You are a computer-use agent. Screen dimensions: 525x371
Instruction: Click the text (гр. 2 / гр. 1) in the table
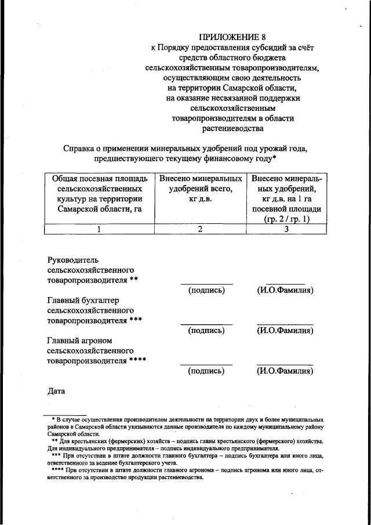(287, 219)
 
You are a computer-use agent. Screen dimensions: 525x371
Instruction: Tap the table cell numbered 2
(200, 229)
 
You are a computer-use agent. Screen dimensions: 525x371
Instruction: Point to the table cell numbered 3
(286, 229)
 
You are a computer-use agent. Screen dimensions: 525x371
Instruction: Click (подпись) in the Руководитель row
(206, 290)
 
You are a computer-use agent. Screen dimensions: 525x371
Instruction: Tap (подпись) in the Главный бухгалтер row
(206, 331)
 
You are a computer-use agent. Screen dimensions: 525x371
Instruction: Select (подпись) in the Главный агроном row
(206, 371)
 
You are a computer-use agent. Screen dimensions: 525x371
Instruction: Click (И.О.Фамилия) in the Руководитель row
(285, 290)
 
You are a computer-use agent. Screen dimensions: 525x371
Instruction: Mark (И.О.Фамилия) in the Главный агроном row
(285, 371)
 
